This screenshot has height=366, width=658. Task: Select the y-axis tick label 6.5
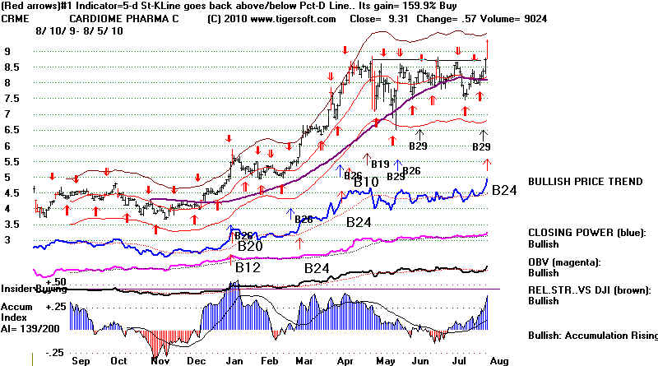tap(12, 130)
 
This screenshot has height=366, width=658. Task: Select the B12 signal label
tap(248, 267)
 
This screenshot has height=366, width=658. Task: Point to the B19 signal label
tap(380, 164)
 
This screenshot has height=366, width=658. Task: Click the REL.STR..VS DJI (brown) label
tap(591, 290)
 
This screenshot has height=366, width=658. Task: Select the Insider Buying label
tap(35, 289)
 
